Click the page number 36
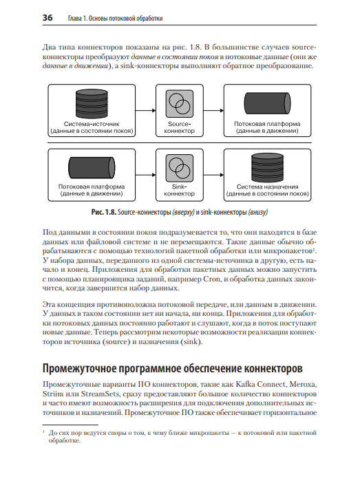[47, 18]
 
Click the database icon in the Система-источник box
[92, 104]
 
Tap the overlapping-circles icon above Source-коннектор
[180, 103]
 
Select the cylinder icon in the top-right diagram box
[267, 103]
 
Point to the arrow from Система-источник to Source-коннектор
[146, 110]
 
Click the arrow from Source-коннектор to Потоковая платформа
[214, 110]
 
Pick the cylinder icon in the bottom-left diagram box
[92, 168]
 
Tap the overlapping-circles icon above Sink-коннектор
[180, 168]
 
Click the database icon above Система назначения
[267, 167]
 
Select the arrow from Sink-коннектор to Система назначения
[214, 175]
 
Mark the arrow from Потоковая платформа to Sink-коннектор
[146, 175]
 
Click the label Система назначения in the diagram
[268, 187]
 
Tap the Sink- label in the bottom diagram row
[180, 187]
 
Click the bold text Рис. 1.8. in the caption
[104, 212]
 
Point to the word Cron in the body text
[212, 279]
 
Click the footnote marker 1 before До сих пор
[43, 432]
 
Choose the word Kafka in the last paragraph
[245, 385]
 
